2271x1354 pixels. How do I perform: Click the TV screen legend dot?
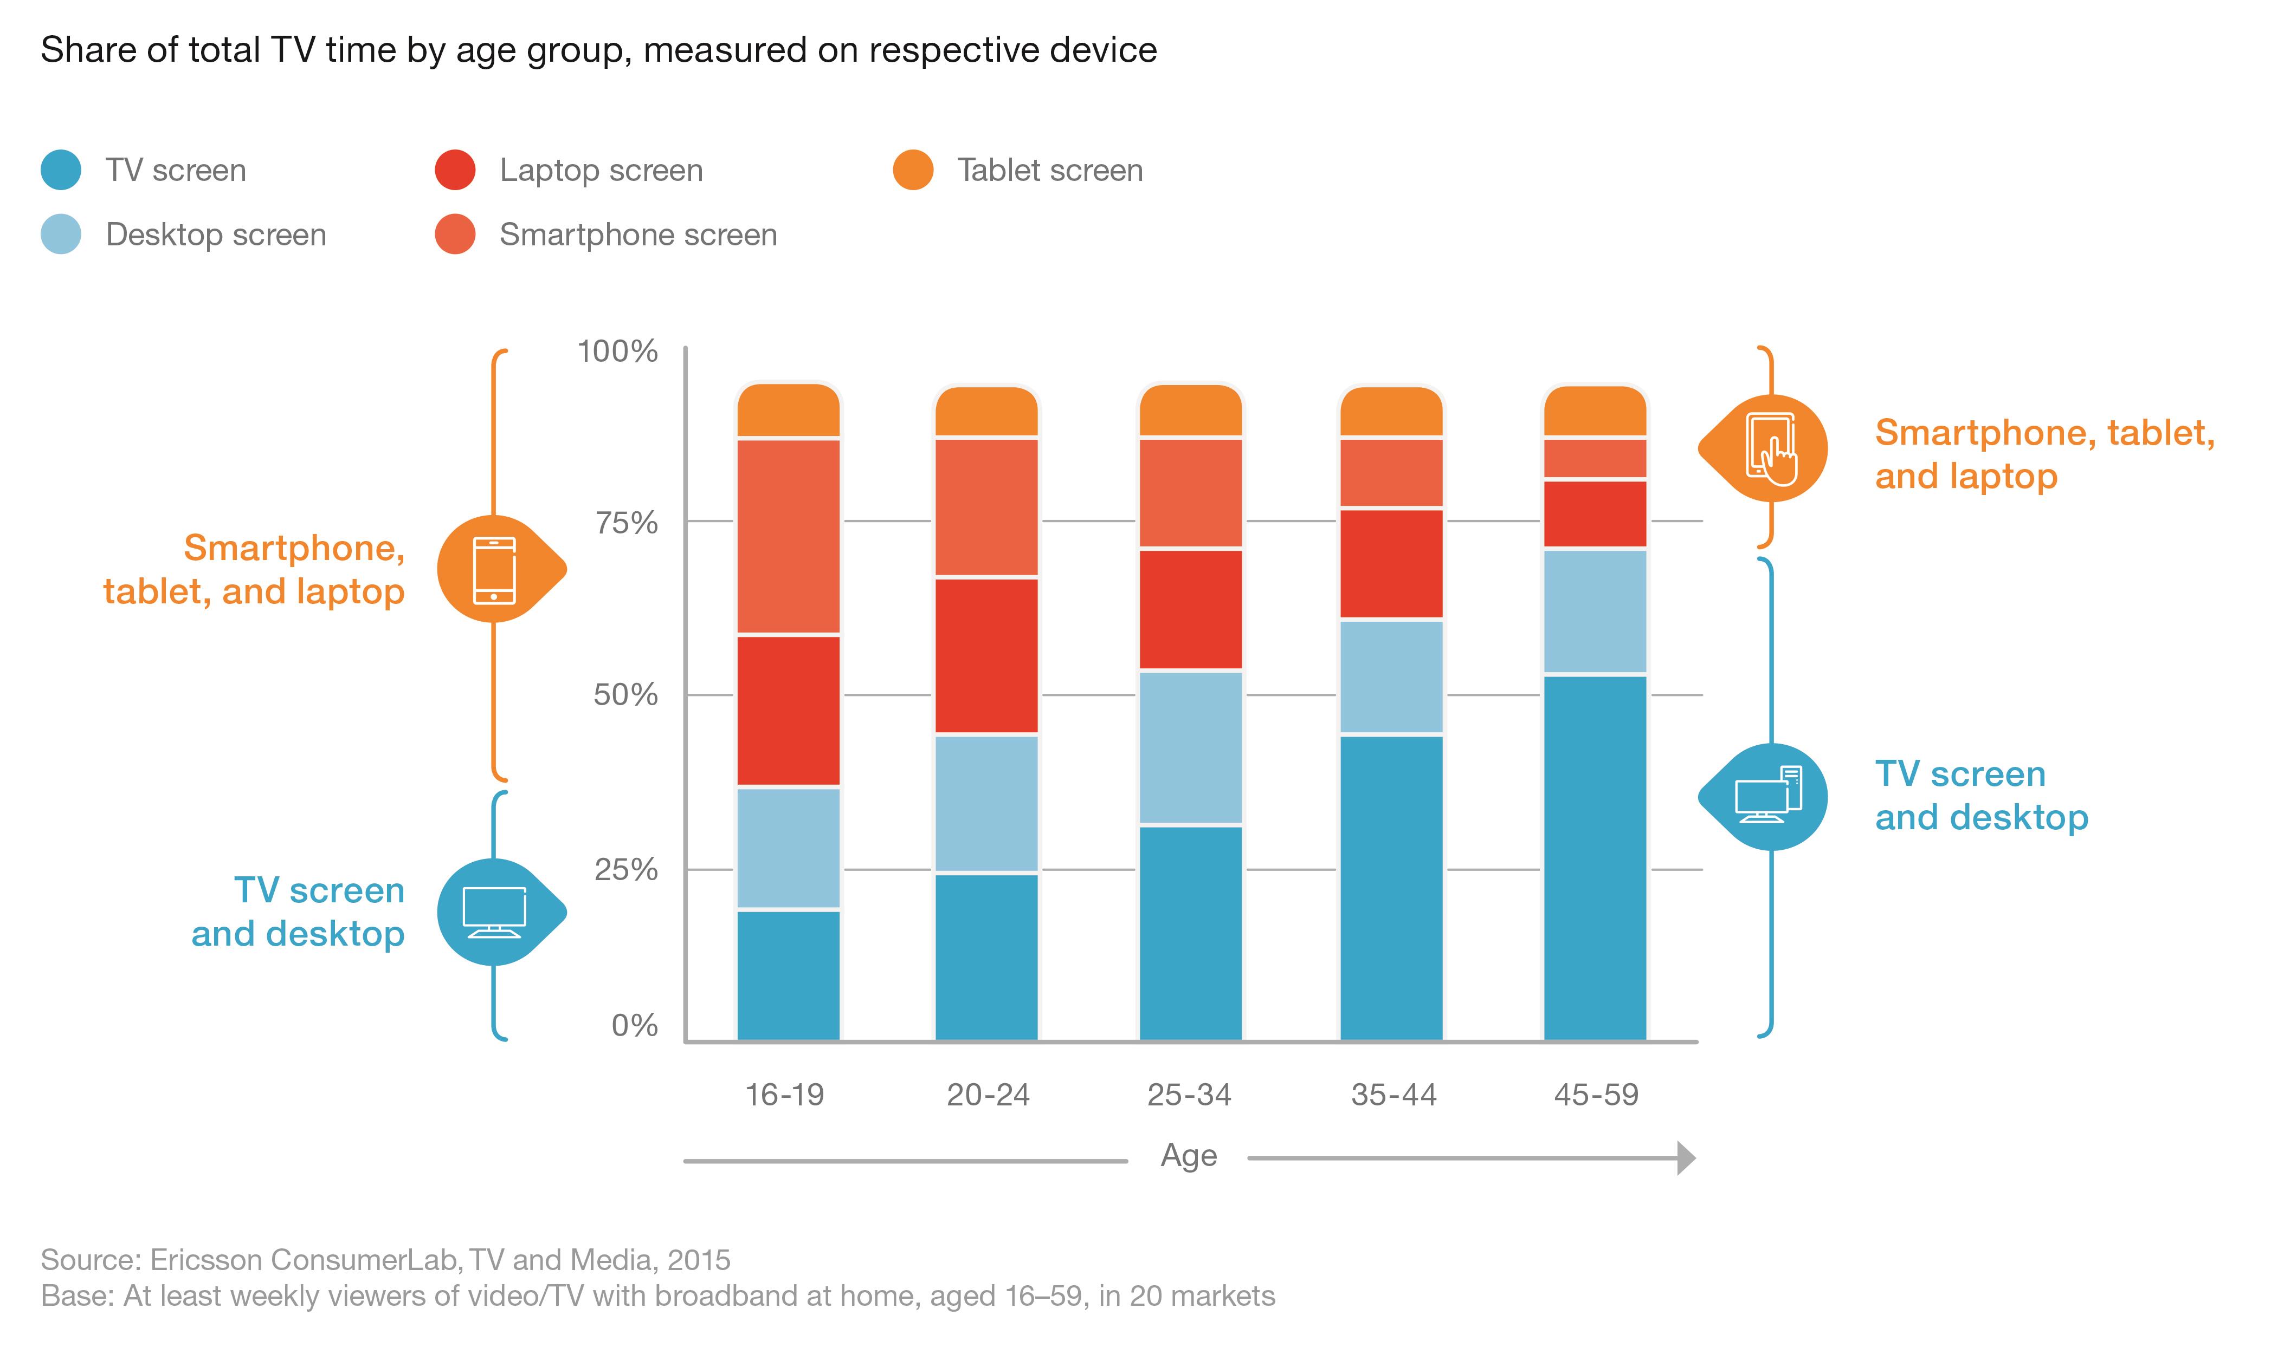[x=61, y=170]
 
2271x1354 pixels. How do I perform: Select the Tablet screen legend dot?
[x=913, y=170]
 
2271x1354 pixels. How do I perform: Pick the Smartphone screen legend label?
[x=638, y=235]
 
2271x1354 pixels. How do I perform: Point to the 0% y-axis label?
[x=634, y=1026]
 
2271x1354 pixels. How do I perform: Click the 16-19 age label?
[x=785, y=1094]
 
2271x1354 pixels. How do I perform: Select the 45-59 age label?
[x=1596, y=1094]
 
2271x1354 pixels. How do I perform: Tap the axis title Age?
[x=1189, y=1155]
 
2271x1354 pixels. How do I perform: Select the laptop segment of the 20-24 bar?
[x=986, y=655]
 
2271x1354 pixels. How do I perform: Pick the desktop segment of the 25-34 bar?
[x=1190, y=747]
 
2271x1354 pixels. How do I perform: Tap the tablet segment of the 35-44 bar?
[x=1391, y=412]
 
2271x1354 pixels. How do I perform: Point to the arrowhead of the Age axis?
[x=1686, y=1158]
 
